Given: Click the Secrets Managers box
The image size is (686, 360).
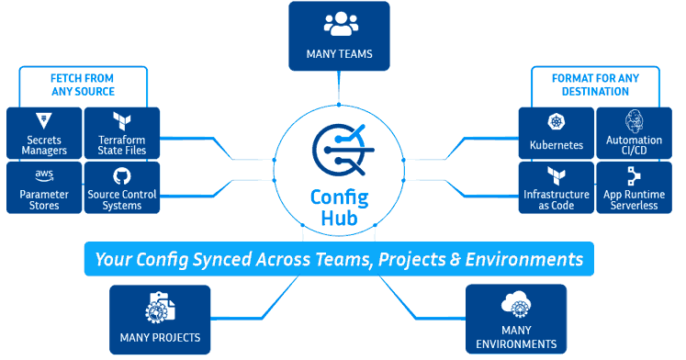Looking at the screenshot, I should pyautogui.click(x=43, y=133).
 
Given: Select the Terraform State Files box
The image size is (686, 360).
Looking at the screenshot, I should pyautogui.click(x=122, y=133).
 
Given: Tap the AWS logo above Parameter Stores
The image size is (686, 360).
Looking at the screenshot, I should pyautogui.click(x=43, y=174).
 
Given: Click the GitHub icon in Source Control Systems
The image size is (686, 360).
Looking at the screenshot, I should pyautogui.click(x=122, y=175).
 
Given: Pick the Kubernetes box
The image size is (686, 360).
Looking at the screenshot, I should pyautogui.click(x=557, y=133).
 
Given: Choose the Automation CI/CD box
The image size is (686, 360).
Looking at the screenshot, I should pyautogui.click(x=635, y=133).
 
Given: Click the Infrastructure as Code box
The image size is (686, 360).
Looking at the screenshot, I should pyautogui.click(x=557, y=187).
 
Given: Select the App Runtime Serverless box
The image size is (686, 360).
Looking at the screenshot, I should pyautogui.click(x=635, y=187).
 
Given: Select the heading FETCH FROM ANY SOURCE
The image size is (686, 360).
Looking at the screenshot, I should pyautogui.click(x=83, y=84).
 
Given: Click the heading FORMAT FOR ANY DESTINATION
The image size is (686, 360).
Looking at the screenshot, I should pyautogui.click(x=602, y=84).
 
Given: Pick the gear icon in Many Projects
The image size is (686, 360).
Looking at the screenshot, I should pyautogui.click(x=160, y=309).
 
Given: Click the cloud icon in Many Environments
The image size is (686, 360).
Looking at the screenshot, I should pyautogui.click(x=515, y=306).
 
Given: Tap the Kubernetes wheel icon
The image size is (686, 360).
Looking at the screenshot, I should pyautogui.click(x=557, y=122).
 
